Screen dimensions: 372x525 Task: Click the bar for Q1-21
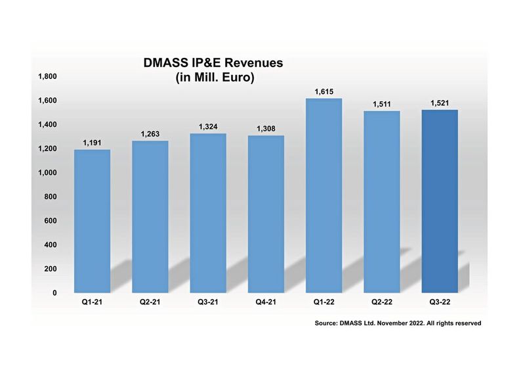pos(92,221)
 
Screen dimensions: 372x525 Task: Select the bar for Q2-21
pos(150,217)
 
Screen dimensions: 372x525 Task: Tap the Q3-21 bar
pos(208,213)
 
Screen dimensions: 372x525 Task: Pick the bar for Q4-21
pos(266,214)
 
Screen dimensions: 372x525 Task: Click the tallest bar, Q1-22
pos(324,196)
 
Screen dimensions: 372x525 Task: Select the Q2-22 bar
pos(382,202)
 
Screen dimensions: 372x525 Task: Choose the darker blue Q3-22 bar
pos(440,201)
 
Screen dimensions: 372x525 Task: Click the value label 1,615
pos(324,91)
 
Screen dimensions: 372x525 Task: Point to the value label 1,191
pos(92,143)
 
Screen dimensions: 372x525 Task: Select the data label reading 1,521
pos(440,103)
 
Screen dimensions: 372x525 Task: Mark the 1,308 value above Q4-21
pos(266,128)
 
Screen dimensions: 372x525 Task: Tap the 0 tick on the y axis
pos(55,292)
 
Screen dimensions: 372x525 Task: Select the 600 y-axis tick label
pos(51,221)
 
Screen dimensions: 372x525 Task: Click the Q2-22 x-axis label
pos(382,301)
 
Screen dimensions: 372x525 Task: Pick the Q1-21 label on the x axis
pos(92,301)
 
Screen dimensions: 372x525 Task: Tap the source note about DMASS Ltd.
pos(398,323)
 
